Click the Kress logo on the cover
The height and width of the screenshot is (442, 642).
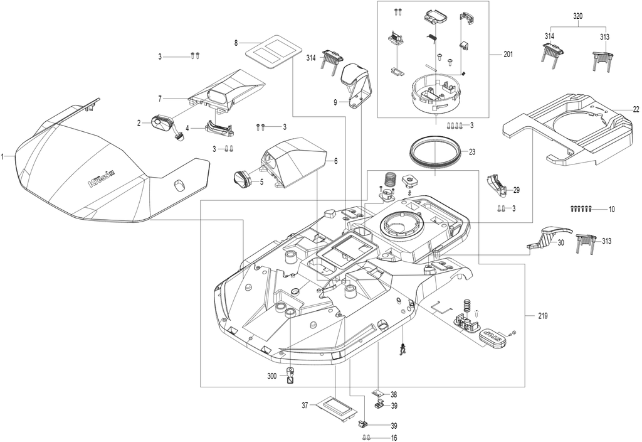click(101, 178)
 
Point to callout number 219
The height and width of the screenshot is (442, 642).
click(542, 316)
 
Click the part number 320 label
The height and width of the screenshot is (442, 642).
click(577, 17)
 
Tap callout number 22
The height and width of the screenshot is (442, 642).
click(636, 109)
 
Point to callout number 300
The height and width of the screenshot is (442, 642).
click(272, 375)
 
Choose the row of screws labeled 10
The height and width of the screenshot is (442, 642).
click(581, 208)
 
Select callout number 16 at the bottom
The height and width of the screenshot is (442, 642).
click(394, 438)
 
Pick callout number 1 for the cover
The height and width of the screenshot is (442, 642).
click(3, 156)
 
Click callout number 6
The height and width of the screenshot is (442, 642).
click(336, 161)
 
